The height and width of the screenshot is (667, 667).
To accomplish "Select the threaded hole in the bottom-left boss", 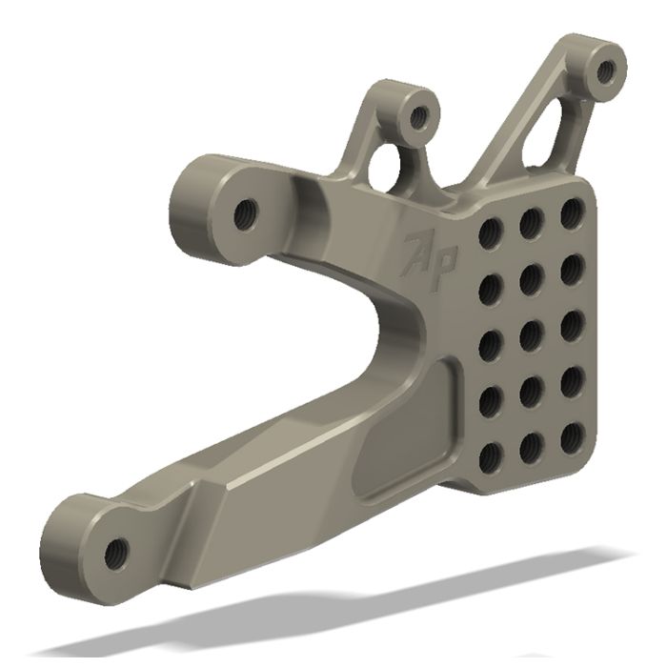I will (x=117, y=549).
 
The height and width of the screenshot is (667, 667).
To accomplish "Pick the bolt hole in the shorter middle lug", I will (x=417, y=119).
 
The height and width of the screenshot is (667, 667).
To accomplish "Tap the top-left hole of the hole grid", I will (x=491, y=232).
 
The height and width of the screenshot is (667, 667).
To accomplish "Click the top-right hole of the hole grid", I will (x=572, y=212).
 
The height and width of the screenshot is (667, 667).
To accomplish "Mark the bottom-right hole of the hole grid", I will (x=573, y=435).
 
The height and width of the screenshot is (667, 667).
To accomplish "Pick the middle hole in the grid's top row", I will (x=532, y=222).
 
